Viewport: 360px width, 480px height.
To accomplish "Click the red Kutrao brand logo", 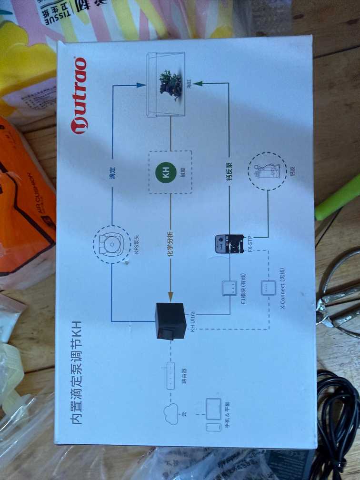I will tap(79, 95).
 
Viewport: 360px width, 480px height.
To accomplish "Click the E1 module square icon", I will tap(229, 288).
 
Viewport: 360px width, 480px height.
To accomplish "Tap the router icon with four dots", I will tap(171, 376).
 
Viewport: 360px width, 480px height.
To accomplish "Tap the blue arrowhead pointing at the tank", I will tap(140, 85).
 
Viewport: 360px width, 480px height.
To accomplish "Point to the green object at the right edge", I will tap(338, 198).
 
